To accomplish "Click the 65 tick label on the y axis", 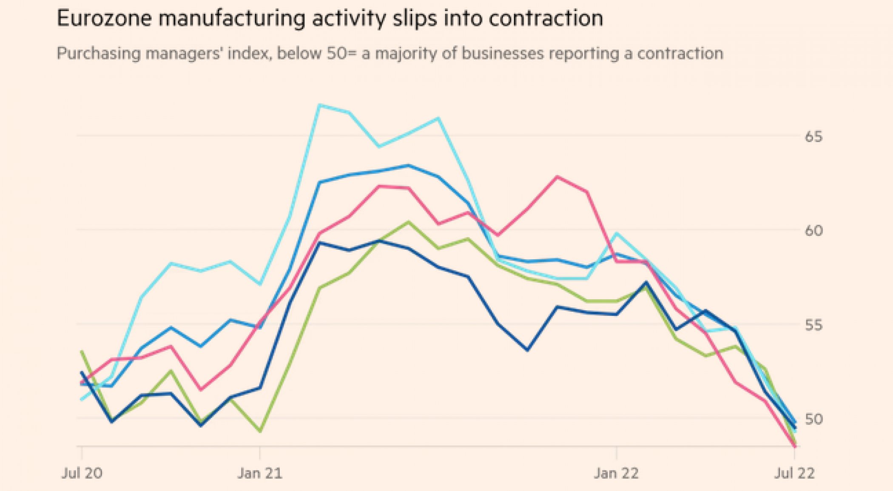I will [813, 137].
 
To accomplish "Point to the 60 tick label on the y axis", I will [813, 231].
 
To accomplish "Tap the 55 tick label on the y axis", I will [813, 325].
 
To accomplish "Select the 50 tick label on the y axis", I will [813, 420].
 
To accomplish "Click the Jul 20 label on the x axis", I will [82, 473].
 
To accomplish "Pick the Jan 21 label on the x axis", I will [260, 473].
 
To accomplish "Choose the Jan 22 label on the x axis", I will [616, 473].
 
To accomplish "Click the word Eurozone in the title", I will [104, 19].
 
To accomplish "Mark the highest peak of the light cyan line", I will [320, 105].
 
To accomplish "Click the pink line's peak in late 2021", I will [557, 176].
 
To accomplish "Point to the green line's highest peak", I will [409, 222].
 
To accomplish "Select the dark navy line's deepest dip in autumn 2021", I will [527, 350].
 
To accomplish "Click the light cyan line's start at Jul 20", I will [82, 400].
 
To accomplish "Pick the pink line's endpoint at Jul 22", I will [794, 446].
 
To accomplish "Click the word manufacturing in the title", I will [231, 19].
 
